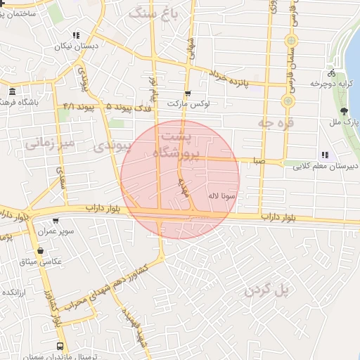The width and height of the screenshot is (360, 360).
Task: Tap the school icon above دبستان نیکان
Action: [x=76, y=35]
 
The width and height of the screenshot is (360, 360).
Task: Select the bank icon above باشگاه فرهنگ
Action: [x=12, y=91]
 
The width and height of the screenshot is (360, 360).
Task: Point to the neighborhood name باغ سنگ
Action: [x=160, y=12]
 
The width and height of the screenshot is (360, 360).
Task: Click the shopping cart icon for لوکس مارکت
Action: [x=187, y=93]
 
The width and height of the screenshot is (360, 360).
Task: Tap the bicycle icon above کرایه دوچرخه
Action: [x=331, y=72]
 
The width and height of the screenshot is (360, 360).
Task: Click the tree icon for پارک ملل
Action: [x=343, y=111]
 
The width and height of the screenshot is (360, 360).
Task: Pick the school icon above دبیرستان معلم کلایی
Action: [x=324, y=155]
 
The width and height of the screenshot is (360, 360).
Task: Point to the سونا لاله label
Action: [x=222, y=196]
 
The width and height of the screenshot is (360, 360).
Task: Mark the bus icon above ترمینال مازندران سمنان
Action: [x=60, y=347]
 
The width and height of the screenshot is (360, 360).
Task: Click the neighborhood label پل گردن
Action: [x=267, y=290]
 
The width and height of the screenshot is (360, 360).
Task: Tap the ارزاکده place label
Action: [x=15, y=291]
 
